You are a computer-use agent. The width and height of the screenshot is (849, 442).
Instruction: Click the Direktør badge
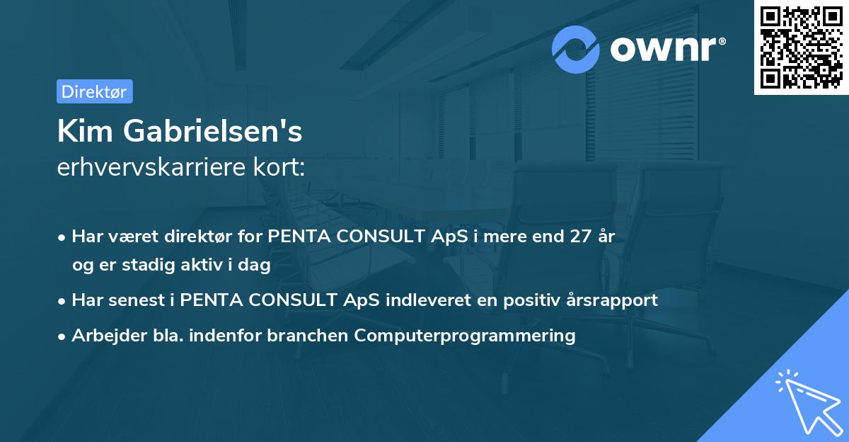(94, 91)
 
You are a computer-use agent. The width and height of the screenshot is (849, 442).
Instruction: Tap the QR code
(801, 47)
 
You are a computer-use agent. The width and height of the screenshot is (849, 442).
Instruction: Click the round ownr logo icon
(576, 50)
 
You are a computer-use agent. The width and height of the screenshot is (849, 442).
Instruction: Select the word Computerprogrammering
(465, 336)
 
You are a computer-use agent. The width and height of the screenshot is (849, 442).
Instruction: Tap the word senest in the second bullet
(133, 300)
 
